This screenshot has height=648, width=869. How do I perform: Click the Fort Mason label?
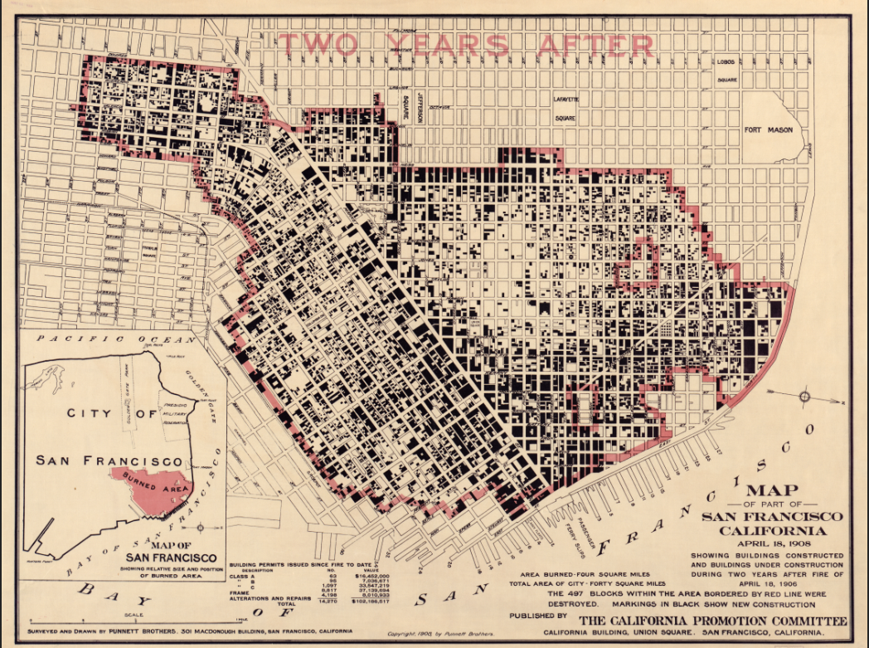[x=767, y=130]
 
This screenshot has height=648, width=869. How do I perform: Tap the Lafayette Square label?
[x=565, y=108]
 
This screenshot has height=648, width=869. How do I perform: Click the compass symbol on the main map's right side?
[x=803, y=397]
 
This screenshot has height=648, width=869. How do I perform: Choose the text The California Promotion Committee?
[x=712, y=621]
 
